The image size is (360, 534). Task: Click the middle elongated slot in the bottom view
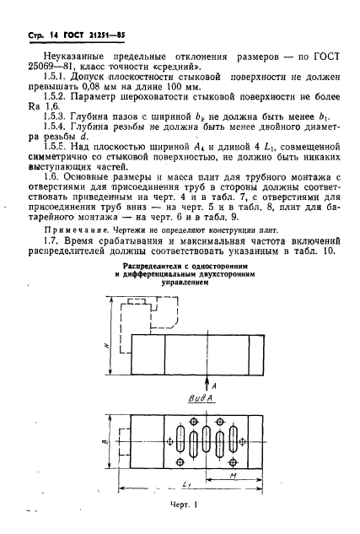[x=196, y=439]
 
